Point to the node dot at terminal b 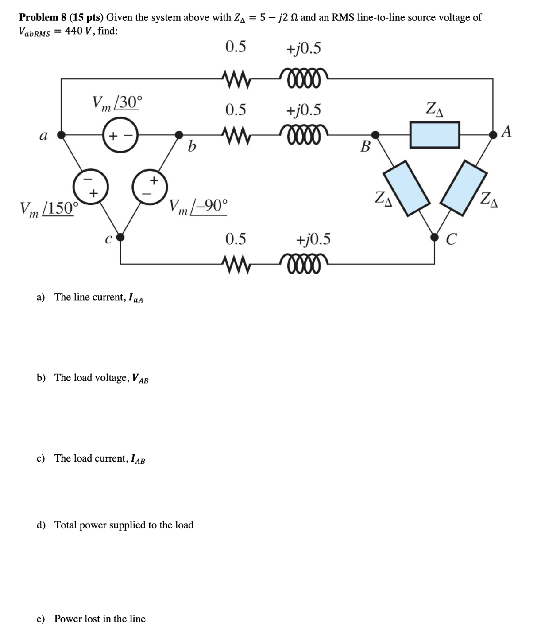[179, 134]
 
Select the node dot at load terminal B [375, 134]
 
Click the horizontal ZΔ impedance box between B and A [434, 135]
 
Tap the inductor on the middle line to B [303, 133]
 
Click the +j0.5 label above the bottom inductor [313, 239]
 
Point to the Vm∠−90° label [199, 206]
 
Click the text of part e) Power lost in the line [100, 619]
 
